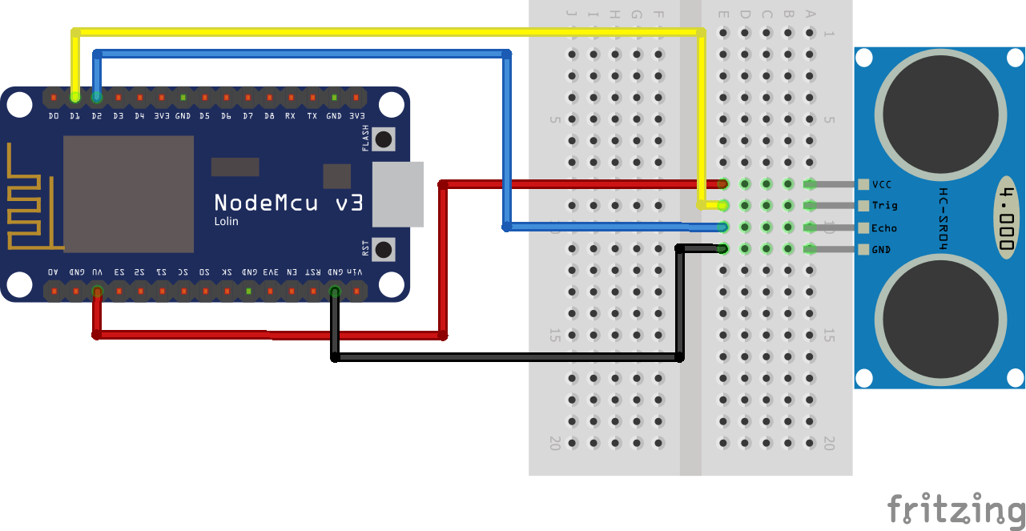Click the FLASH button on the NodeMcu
pos(384,139)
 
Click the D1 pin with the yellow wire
pos(75,97)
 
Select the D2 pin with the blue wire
pos(97,97)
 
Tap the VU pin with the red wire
pos(97,292)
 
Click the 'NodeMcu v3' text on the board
pos(288,203)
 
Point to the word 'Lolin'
pos(226,221)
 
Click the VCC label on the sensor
pos(881,184)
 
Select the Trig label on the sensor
pos(884,206)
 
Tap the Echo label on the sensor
pos(884,228)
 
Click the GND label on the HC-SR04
pos(881,250)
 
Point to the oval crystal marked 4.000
pos(1010,217)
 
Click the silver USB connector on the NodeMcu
pos(398,193)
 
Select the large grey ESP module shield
pos(128,194)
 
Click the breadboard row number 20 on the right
pos(829,443)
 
